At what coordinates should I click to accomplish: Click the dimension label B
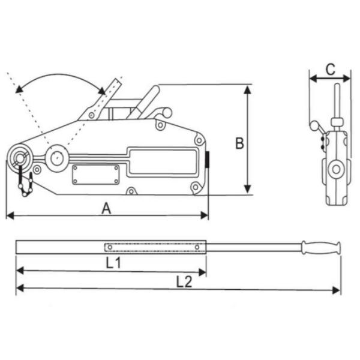(239, 144)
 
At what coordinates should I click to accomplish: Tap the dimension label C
(330, 69)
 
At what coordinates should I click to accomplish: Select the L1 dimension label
(112, 262)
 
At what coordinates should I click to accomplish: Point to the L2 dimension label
(184, 280)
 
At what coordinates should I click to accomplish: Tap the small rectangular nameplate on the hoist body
(96, 175)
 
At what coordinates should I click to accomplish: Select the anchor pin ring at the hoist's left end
(20, 158)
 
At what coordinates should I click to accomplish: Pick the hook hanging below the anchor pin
(25, 184)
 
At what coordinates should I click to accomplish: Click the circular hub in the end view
(335, 170)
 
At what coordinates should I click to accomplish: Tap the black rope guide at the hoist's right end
(208, 161)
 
